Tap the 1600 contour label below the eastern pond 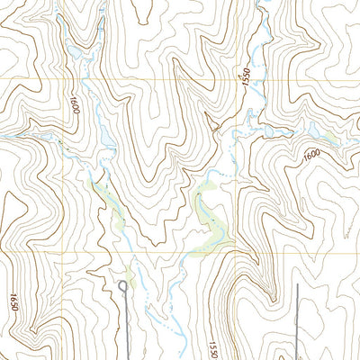(311, 154)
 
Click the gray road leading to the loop (123, 324)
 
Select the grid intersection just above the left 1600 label (63, 79)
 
